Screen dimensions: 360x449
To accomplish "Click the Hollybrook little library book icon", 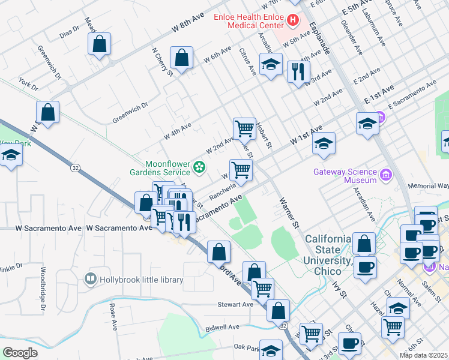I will (x=90, y=278).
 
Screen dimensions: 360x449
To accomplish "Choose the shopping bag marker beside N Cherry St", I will (x=181, y=58).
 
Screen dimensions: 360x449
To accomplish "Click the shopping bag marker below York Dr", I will (x=47, y=112).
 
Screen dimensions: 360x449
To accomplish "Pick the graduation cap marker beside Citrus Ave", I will (x=271, y=64).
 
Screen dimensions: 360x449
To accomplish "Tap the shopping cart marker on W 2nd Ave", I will (x=244, y=128).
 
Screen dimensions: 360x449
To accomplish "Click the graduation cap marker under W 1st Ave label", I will (x=324, y=144).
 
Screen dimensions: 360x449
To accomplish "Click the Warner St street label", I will (x=289, y=214).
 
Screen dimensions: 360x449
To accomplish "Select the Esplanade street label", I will (x=319, y=38).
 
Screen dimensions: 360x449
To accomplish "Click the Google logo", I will (x=20, y=352).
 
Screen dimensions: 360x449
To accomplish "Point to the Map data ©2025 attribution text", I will (x=423, y=355).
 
